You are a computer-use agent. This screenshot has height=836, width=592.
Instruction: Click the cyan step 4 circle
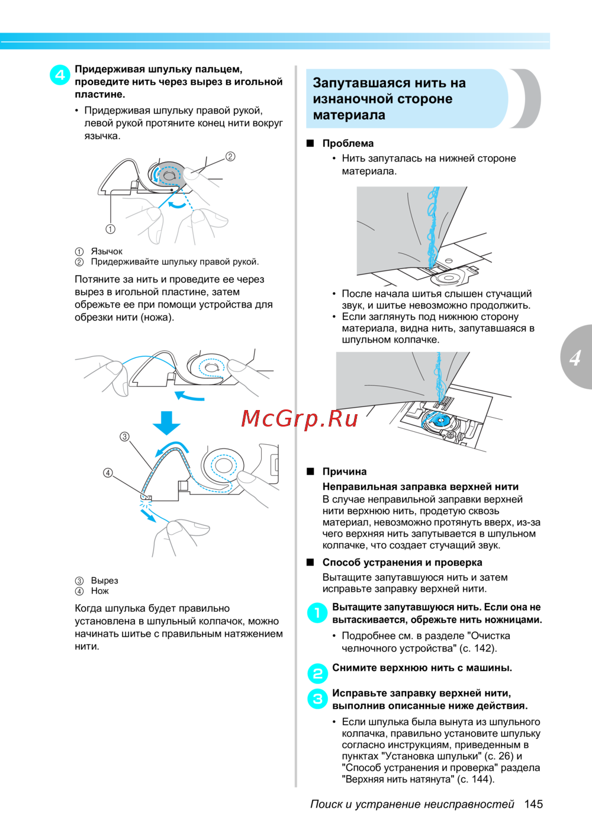[60, 75]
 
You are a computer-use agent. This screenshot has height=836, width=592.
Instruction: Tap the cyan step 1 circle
[317, 613]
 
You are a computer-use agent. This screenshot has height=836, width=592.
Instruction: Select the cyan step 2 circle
[317, 673]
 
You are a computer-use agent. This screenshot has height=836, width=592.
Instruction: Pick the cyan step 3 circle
[317, 699]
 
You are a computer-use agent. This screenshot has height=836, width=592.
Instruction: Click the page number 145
[533, 804]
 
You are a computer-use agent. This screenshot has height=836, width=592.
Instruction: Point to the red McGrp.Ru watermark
[300, 419]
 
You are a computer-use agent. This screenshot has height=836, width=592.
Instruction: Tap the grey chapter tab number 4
[575, 358]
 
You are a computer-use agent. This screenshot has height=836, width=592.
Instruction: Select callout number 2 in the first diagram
[230, 156]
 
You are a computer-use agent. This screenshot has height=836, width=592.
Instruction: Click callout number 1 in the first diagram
[110, 229]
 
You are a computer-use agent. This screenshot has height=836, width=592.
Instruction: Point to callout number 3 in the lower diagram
[124, 437]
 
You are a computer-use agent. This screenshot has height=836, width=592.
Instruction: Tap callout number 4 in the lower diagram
[108, 473]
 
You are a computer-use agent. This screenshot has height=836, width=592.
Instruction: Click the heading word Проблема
[348, 143]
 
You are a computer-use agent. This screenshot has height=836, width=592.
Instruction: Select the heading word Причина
[344, 472]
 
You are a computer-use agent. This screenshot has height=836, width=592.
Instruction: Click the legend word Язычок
[107, 251]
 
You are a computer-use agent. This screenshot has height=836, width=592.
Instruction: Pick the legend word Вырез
[104, 580]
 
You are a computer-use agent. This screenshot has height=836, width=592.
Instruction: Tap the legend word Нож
[99, 591]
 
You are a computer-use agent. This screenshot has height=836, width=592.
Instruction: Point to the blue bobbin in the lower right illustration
[439, 421]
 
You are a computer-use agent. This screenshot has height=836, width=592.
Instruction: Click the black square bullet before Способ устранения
[310, 562]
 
